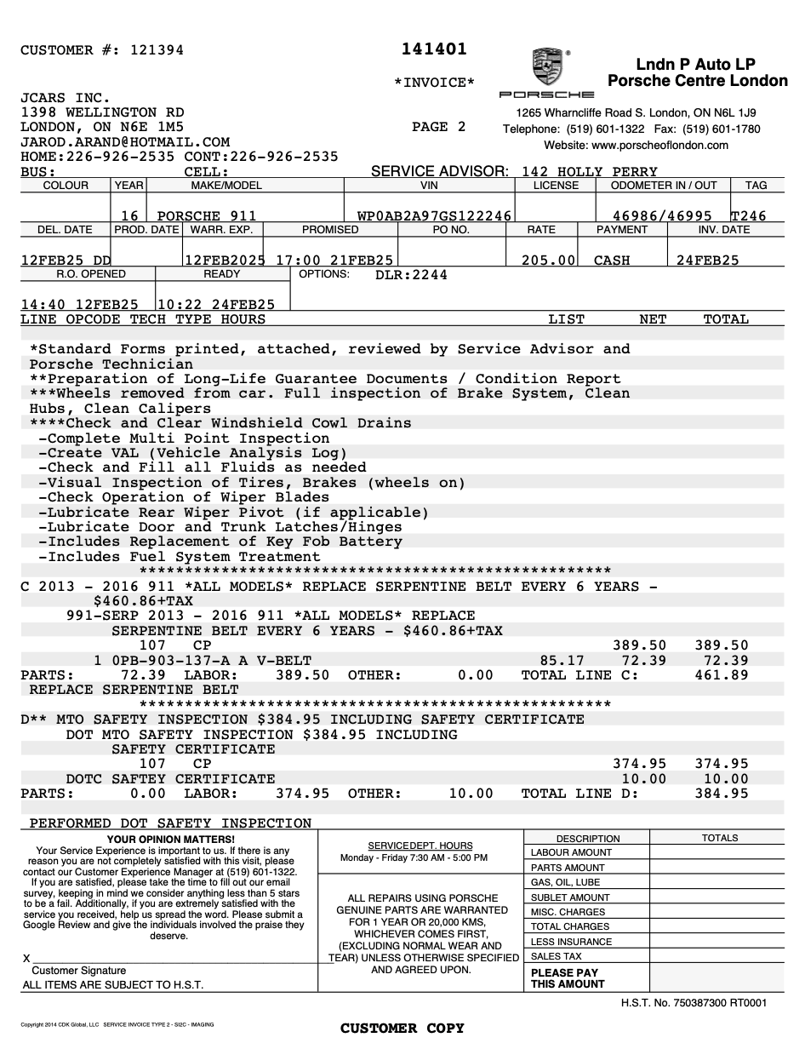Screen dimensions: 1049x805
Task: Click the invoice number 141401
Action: click(x=434, y=49)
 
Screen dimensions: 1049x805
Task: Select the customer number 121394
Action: click(x=157, y=50)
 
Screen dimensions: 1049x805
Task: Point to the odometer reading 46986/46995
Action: click(x=662, y=216)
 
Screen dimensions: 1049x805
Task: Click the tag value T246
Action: click(x=748, y=216)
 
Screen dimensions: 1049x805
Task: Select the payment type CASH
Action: click(x=612, y=261)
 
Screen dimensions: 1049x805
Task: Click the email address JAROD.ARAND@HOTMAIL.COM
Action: click(x=125, y=142)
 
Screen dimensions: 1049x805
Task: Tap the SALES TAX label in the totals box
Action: click(x=557, y=956)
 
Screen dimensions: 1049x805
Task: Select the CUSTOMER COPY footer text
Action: click(x=402, y=1029)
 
